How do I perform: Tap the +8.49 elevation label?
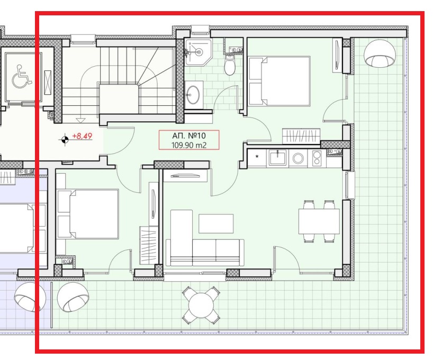tap(82, 136)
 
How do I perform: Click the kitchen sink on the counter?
tap(277, 157)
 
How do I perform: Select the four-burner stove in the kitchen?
tap(317, 158)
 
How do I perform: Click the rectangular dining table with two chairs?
tap(319, 221)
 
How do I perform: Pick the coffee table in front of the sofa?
tap(216, 223)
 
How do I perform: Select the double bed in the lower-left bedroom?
tap(88, 214)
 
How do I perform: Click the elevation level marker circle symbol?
tap(65, 139)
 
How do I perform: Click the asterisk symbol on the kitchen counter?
tap(258, 157)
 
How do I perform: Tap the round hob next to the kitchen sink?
tap(297, 157)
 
